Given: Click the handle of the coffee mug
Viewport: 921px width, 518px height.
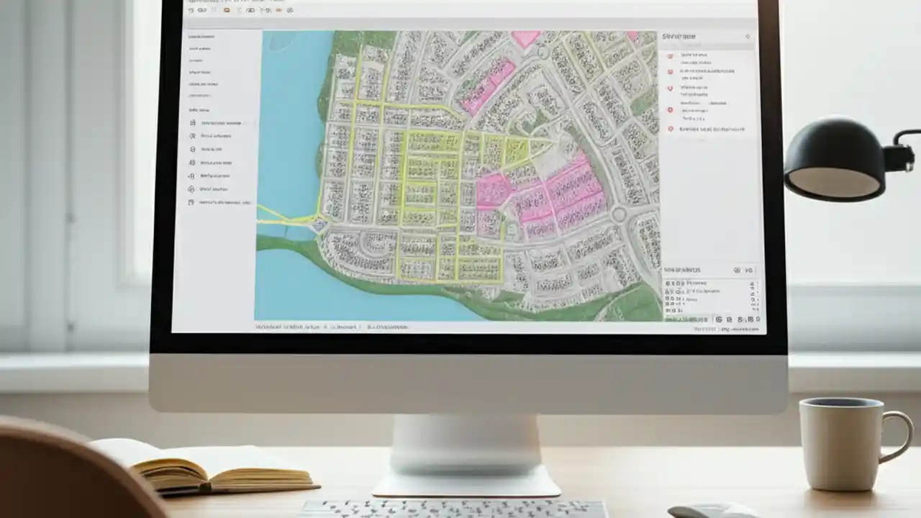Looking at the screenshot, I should pos(900,436).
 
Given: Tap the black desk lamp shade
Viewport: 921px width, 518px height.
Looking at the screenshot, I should pos(835,160).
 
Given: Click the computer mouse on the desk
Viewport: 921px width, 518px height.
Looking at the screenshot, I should pos(712,511).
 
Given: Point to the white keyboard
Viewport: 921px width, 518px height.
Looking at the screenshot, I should pos(453,509).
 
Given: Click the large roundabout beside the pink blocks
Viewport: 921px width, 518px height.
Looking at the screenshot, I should pos(618,214).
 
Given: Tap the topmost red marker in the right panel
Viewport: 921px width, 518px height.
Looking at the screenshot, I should pos(671,55).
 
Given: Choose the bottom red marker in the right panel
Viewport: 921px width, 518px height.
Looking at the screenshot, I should pos(671,129).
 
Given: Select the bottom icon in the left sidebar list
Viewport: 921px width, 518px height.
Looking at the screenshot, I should pos(191,203).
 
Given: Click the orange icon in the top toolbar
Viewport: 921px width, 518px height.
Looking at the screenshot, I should pos(227,10).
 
